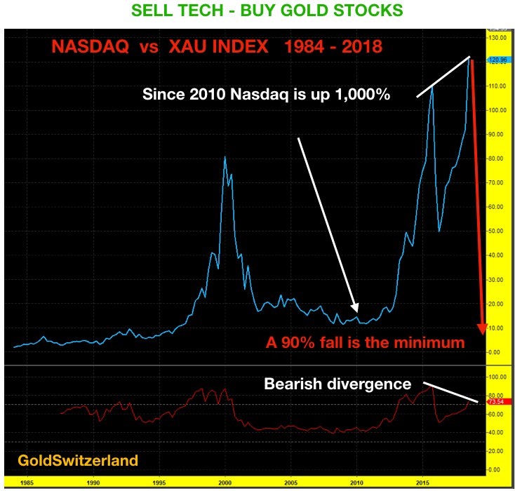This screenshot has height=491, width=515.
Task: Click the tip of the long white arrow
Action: pos(357,311)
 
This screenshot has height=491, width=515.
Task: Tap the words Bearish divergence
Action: pos(336,384)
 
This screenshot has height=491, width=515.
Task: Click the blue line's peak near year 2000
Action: pos(225,156)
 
